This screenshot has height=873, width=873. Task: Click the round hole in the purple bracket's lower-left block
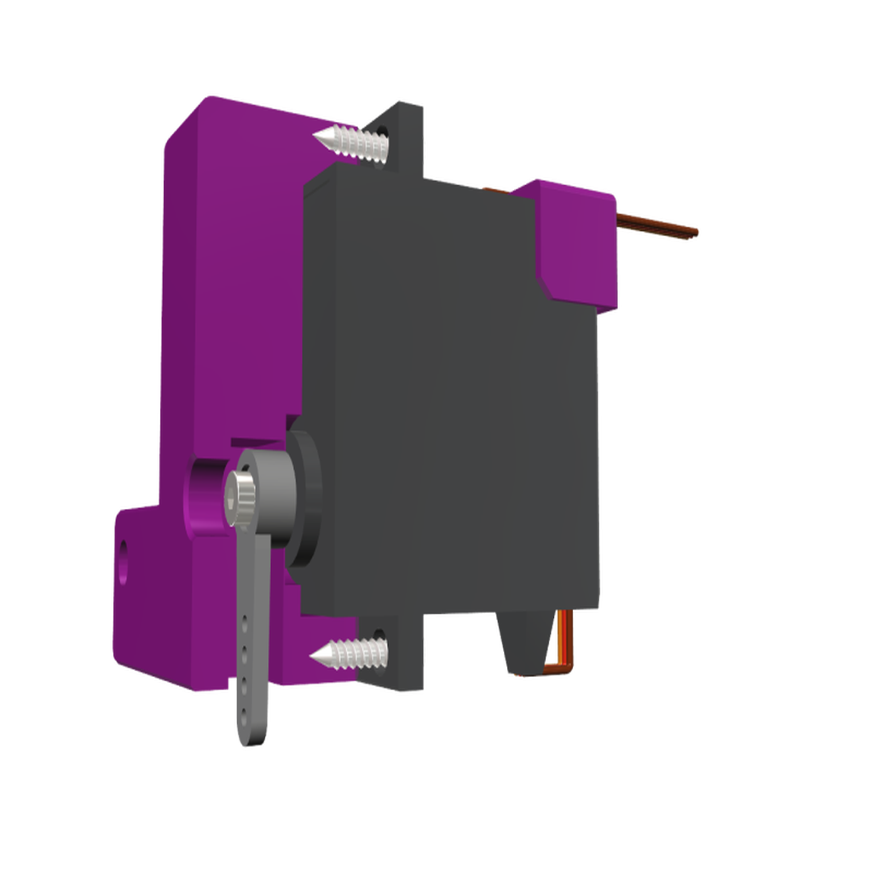point(127,552)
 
